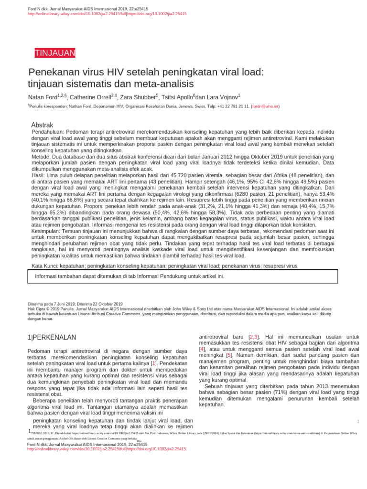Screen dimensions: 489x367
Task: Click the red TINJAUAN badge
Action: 54,53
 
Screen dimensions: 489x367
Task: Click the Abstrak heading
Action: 42,125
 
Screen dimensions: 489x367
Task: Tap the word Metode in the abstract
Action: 41,157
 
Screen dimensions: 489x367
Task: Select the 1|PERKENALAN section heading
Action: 52,338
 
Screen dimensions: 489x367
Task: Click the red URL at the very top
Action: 107,14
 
